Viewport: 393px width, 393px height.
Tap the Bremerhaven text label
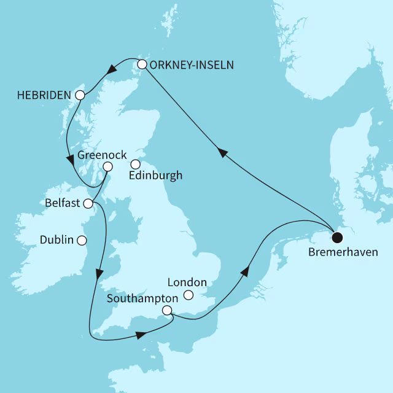pyautogui.click(x=344, y=252)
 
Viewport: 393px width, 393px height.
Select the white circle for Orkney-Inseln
pyautogui.click(x=142, y=64)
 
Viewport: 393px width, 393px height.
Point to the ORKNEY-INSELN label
pyautogui.click(x=191, y=64)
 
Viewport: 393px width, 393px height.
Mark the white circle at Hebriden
pyautogui.click(x=80, y=95)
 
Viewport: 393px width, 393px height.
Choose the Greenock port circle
pyautogui.click(x=107, y=166)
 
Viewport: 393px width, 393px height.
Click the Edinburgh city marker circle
pyautogui.click(x=136, y=164)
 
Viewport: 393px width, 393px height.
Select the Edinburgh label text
pyautogui.click(x=156, y=176)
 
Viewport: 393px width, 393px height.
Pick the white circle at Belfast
pyautogui.click(x=88, y=203)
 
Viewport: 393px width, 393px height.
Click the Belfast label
pyautogui.click(x=63, y=203)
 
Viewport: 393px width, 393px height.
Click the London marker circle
pyautogui.click(x=189, y=295)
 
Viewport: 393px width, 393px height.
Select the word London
pyautogui.click(x=187, y=283)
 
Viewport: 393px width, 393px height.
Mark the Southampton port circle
pyautogui.click(x=167, y=311)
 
